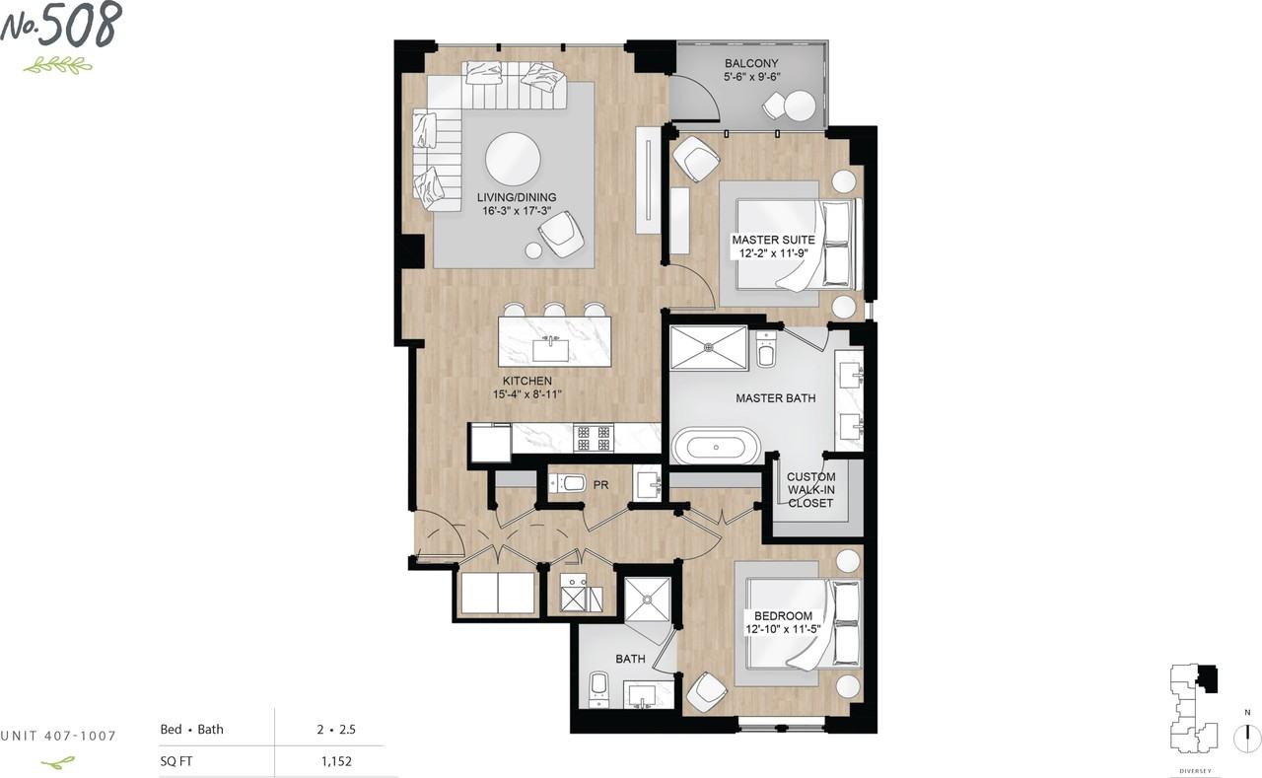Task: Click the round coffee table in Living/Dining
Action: pos(513,160)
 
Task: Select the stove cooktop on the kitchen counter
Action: pos(594,438)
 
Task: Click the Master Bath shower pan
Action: pos(708,348)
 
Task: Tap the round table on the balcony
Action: pos(800,106)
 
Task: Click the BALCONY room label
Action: pos(751,64)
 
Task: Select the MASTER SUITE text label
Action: pos(774,240)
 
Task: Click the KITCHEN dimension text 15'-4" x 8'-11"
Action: pos(527,394)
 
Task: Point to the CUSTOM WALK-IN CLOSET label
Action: pos(810,490)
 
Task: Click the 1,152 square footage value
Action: pos(336,761)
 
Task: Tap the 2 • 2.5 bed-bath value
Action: pos(336,730)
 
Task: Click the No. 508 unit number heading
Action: pos(61,26)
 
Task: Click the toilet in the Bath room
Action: pos(598,689)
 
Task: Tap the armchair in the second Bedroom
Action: pos(705,693)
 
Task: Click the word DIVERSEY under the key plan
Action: pos(1195,771)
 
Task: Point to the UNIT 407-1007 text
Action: pos(58,736)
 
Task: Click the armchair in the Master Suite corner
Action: pos(696,159)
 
